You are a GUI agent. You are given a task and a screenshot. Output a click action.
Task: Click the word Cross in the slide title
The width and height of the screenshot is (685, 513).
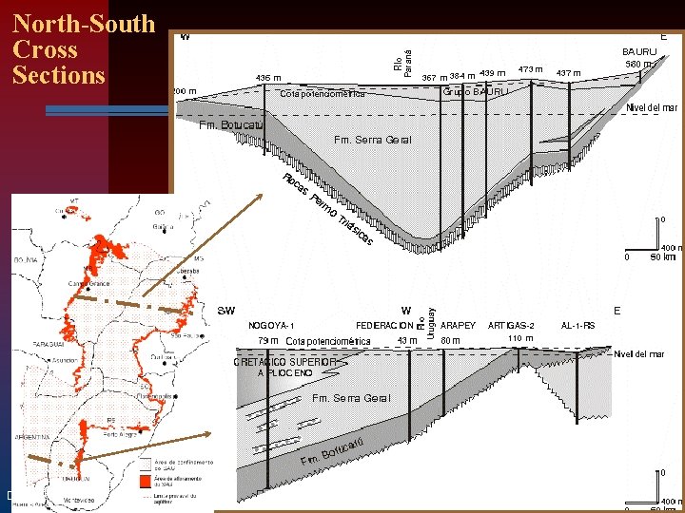tap(45, 49)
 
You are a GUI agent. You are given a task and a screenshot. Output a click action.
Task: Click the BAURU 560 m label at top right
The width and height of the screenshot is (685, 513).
tap(640, 58)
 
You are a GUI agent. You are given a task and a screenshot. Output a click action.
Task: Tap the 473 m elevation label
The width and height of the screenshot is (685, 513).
tap(530, 69)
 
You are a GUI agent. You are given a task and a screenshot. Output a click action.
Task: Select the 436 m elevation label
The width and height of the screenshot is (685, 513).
tap(269, 78)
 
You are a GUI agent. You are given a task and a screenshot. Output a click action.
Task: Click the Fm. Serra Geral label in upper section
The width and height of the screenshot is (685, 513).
tap(373, 141)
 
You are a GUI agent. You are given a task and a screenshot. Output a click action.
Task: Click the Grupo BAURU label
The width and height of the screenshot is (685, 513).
tap(474, 92)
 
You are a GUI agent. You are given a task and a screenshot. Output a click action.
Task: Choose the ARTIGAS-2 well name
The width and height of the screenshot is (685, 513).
tap(518, 325)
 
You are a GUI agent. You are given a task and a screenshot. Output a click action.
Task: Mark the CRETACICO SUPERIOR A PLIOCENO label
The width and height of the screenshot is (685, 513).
tap(285, 367)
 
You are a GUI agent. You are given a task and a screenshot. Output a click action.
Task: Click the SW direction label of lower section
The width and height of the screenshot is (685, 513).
tap(226, 311)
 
